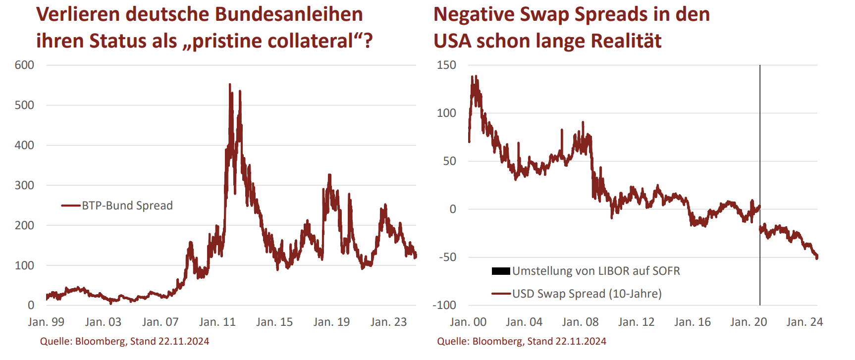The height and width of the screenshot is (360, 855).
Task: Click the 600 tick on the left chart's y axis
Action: (24, 65)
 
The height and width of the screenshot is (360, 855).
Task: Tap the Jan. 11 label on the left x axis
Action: (217, 322)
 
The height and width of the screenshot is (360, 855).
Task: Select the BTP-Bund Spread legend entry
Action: (127, 206)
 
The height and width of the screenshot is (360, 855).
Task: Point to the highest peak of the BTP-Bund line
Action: (229, 85)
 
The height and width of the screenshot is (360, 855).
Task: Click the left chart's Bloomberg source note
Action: (124, 341)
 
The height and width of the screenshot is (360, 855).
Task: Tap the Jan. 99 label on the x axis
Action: (46, 322)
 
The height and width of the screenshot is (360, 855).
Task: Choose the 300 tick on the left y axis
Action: (24, 185)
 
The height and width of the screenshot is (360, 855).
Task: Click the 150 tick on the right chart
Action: (446, 65)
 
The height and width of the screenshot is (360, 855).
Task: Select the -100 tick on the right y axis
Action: (444, 305)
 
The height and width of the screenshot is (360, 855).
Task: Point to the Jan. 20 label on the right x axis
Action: (748, 322)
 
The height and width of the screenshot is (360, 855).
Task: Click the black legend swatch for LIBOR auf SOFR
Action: (501, 271)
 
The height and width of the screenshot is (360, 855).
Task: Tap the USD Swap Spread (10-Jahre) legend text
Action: (587, 294)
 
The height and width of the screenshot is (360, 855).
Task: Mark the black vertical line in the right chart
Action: (760, 149)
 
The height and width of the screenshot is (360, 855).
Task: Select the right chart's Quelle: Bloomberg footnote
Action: (521, 341)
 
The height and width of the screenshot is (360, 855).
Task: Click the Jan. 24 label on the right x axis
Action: (804, 322)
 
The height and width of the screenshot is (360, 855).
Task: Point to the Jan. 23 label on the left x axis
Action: (388, 322)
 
